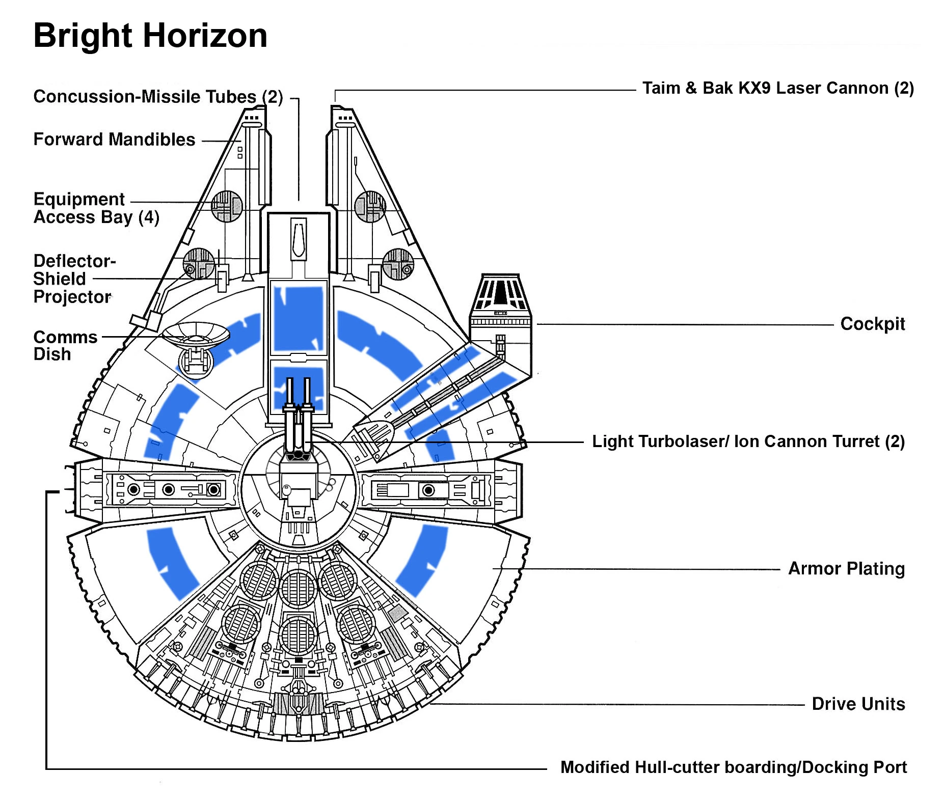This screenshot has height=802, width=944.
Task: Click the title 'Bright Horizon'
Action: [x=150, y=36]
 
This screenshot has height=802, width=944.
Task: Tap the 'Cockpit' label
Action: [x=872, y=324]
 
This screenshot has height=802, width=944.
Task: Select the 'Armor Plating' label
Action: [x=846, y=569]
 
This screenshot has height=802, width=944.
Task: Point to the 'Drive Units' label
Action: [x=858, y=704]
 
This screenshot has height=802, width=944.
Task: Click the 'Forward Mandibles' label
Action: [x=114, y=140]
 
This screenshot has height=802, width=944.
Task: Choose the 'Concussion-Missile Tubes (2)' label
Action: [x=158, y=97]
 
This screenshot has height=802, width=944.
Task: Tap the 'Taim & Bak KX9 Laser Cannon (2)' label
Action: [x=778, y=88]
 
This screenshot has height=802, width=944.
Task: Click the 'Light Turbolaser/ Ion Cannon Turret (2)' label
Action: [x=748, y=441]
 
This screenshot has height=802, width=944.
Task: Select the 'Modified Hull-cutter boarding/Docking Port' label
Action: [x=733, y=767]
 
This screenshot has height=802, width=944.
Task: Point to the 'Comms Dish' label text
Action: [x=65, y=346]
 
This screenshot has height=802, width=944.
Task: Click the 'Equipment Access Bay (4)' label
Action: [x=96, y=208]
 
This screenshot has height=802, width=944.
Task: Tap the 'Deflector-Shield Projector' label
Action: [x=74, y=279]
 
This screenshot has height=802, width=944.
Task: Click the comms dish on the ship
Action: [x=196, y=335]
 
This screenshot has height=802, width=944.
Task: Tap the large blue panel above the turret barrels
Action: [x=299, y=317]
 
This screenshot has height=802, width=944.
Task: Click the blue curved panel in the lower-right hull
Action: [x=423, y=560]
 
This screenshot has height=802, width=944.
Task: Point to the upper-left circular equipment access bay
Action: [x=227, y=206]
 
